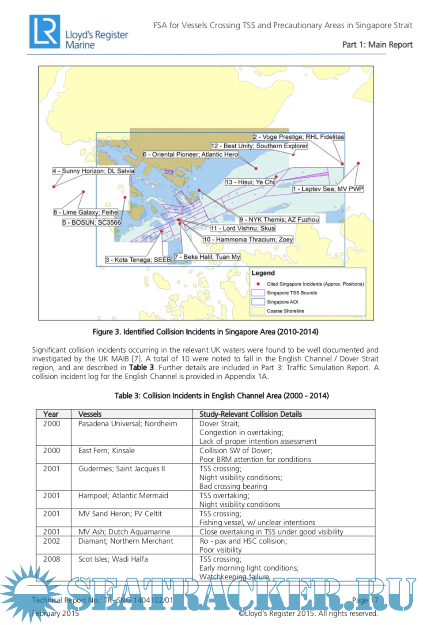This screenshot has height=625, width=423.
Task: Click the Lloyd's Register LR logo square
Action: coord(44,31)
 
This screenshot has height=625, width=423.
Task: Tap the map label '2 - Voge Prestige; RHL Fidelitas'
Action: coord(298,137)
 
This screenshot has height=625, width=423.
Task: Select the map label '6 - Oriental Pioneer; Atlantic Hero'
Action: coord(190,154)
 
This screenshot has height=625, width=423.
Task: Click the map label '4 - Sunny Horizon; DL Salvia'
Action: coord(94,171)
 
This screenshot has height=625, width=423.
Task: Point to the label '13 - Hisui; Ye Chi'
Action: coord(249,182)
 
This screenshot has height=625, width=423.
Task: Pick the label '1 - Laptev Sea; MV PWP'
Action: coord(328,189)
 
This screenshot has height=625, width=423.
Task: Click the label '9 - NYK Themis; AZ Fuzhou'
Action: coord(279,219)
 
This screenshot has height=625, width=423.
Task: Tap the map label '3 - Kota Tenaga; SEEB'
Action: coord(138,260)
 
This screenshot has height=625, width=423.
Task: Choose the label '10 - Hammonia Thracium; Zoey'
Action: coord(248,239)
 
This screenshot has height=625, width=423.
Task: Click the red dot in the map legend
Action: coord(258,284)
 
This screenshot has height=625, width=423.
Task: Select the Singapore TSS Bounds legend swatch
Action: coord(258,293)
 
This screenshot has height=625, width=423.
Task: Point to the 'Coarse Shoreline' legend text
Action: coord(285,311)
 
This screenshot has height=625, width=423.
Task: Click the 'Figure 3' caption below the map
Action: coord(205,331)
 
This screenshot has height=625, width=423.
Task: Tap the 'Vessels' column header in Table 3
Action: coord(90,414)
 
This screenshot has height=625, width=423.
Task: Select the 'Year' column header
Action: coord(51,414)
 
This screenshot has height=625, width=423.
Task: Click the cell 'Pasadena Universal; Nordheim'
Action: coord(128,424)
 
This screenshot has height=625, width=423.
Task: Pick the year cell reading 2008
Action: coord(52,559)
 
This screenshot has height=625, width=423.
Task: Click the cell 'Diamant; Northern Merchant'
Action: coord(126,541)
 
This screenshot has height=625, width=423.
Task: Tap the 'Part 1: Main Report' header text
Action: coord(377,45)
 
